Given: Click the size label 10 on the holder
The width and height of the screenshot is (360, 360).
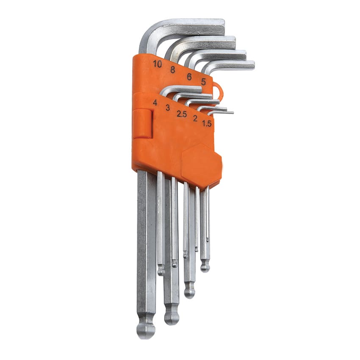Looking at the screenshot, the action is [158, 64].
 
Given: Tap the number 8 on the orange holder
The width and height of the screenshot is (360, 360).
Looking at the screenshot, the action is [173, 69].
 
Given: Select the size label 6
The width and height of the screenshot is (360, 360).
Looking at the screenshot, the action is [189, 77].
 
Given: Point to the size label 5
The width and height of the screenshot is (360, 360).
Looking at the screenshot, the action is [203, 81].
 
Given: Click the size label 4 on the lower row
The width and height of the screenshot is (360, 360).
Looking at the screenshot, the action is [155, 102].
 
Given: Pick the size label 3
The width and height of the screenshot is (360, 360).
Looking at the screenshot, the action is [168, 108].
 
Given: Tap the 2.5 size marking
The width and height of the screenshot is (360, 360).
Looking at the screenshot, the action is [182, 114].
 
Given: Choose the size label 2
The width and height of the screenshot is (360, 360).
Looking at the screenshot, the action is [195, 119].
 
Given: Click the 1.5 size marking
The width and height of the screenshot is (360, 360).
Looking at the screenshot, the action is [207, 124].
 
